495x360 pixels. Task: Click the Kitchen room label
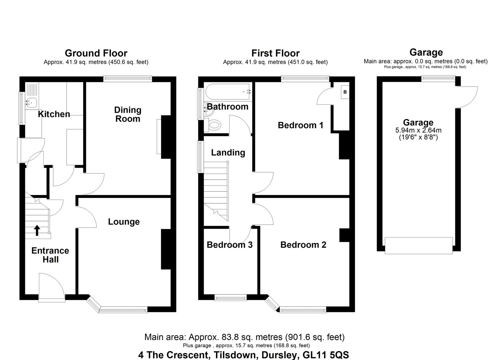[x=54, y=114]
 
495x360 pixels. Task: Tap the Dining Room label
[x=128, y=114]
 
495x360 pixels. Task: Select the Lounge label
[x=124, y=222]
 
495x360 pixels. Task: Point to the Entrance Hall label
[x=50, y=255]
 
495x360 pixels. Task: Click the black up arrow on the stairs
[x=37, y=230]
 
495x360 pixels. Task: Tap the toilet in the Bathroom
[x=214, y=125]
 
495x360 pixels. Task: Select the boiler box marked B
[x=345, y=92]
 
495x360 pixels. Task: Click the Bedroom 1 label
[x=300, y=125]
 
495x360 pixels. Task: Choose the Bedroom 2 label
[x=303, y=245]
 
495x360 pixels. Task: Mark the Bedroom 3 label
[x=230, y=245]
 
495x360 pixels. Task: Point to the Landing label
[x=228, y=152]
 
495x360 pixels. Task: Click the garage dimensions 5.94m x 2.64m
[x=418, y=130]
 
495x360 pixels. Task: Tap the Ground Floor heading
[x=96, y=53]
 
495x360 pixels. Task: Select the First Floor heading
[x=275, y=53]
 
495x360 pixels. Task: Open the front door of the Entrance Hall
[x=51, y=287]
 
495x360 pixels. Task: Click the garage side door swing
[x=467, y=97]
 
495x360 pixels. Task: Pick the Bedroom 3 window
[x=230, y=297]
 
